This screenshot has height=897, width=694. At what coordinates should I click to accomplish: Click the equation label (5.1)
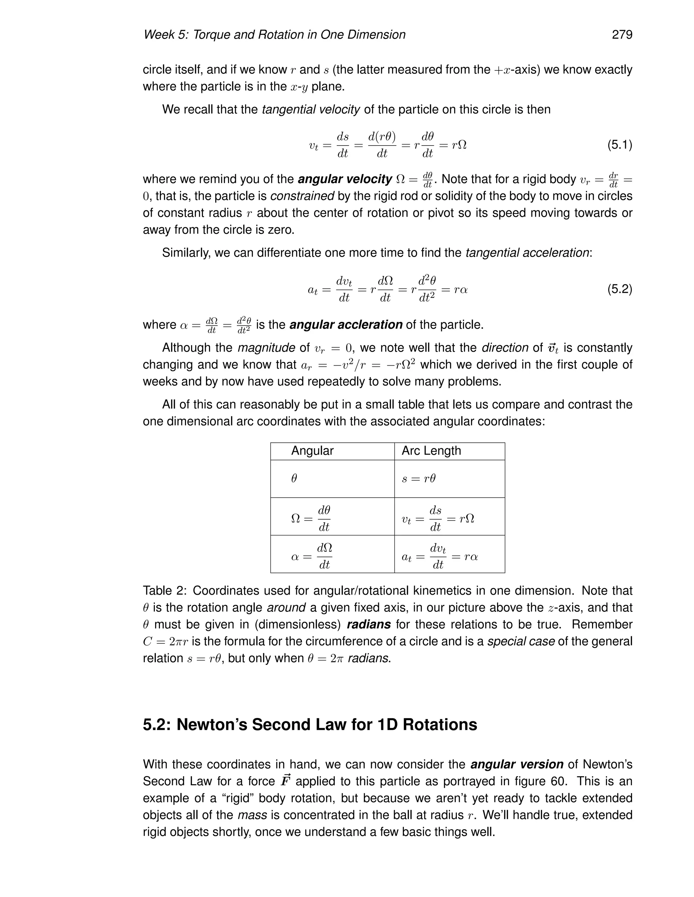point(619,145)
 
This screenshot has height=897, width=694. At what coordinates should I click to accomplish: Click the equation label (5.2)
point(619,289)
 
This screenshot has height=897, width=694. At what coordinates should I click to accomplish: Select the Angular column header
point(312,451)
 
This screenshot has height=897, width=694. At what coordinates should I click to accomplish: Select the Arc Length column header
point(431,451)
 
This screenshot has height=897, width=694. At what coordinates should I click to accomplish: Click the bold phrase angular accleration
point(346,325)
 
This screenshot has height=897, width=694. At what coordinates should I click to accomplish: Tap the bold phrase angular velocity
point(345,179)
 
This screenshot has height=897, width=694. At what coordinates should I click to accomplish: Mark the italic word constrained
point(302,196)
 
